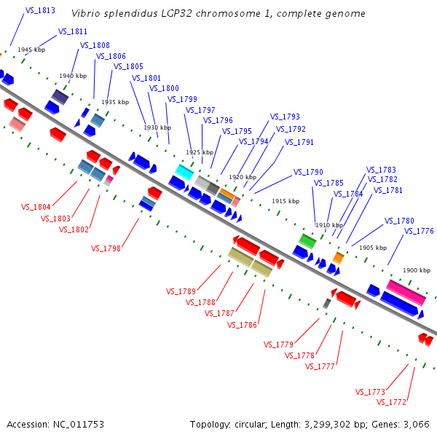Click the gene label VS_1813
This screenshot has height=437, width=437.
(40, 11)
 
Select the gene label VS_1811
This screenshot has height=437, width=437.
(73, 32)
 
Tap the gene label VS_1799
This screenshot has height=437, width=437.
(182, 99)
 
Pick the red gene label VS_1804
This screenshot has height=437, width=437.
(36, 208)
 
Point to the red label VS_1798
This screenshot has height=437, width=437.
(106, 248)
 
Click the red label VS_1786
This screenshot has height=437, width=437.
(242, 325)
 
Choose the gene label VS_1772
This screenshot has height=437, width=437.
(392, 402)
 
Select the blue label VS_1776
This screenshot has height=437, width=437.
(419, 231)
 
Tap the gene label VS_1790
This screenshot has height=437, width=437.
(308, 173)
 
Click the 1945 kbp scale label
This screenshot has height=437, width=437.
(31, 50)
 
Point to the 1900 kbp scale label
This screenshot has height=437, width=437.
(417, 270)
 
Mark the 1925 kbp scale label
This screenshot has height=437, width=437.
(200, 152)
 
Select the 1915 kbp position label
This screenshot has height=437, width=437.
(286, 201)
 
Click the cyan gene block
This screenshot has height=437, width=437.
(184, 172)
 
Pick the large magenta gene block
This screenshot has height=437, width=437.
(406, 291)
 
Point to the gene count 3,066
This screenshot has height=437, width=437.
(417, 424)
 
